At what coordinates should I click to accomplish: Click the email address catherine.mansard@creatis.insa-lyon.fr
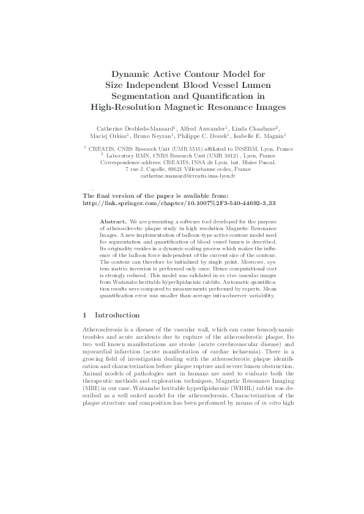pos(183,175)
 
